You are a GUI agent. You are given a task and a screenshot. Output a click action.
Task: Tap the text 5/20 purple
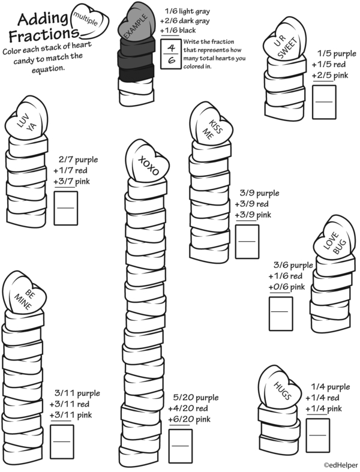click(196, 398)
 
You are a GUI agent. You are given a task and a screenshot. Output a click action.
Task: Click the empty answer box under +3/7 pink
click(66, 206)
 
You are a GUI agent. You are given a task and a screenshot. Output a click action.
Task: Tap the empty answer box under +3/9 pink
click(247, 242)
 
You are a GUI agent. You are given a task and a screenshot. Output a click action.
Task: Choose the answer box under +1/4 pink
click(317, 435)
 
